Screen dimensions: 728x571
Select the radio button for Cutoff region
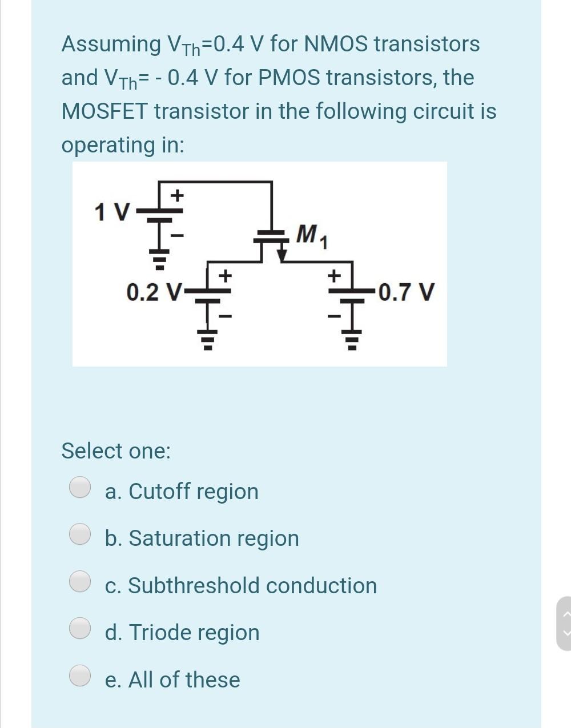(x=80, y=488)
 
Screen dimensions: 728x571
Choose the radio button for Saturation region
(x=80, y=534)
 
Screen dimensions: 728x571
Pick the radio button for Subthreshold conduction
(x=80, y=581)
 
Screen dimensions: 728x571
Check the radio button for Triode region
(x=80, y=628)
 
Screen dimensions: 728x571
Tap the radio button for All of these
(x=80, y=675)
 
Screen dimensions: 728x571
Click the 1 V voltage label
(x=112, y=212)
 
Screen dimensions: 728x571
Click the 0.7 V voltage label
(x=406, y=292)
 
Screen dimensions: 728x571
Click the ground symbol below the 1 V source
(x=160, y=259)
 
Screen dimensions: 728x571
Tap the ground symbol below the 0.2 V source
(x=208, y=340)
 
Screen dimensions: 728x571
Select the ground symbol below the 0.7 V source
(x=352, y=340)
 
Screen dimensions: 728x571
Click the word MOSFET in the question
(x=104, y=111)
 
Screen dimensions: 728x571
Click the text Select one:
(x=116, y=451)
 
